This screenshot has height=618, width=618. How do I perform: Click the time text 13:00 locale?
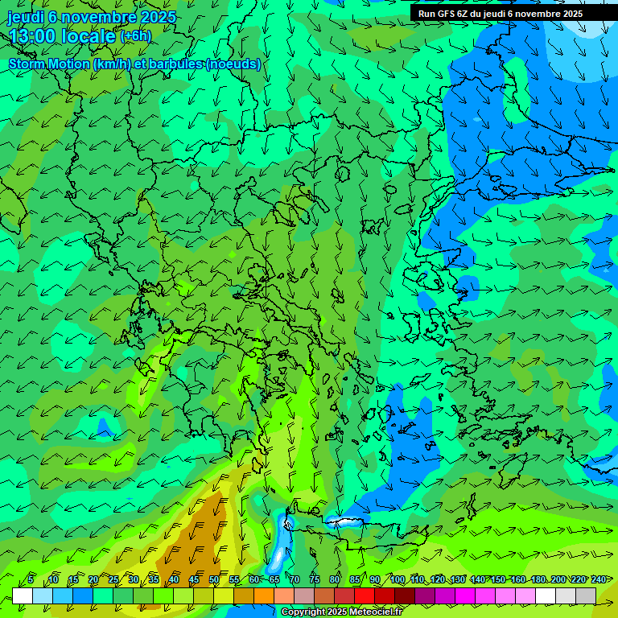point(62,35)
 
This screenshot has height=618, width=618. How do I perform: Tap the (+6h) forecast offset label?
point(135,35)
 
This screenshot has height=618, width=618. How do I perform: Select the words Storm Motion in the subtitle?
point(49,64)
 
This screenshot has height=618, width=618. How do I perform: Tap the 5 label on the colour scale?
point(31,579)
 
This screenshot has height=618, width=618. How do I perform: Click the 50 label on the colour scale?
point(214,579)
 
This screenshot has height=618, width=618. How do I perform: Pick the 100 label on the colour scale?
point(398,579)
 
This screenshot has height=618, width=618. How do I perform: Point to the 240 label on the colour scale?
point(599,579)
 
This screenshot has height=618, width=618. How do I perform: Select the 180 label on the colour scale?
point(538,579)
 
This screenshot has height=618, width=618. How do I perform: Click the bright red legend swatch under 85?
point(365,595)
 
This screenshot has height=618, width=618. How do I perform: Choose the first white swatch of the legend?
point(23,595)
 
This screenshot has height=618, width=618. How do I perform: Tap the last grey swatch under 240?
point(586,595)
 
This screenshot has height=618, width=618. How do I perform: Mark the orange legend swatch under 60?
point(264,595)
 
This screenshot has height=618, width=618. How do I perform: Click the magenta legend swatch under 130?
point(465,595)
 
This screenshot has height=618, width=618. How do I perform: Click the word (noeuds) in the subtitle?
point(233,64)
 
